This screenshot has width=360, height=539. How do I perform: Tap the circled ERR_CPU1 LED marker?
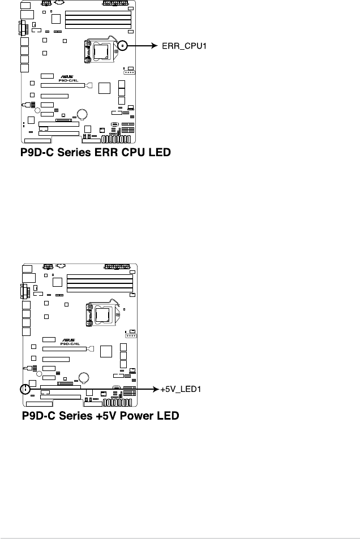click(x=122, y=46)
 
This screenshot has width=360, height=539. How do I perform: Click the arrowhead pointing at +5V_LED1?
click(x=155, y=389)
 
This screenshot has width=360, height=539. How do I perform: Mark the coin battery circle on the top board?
click(x=83, y=114)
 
